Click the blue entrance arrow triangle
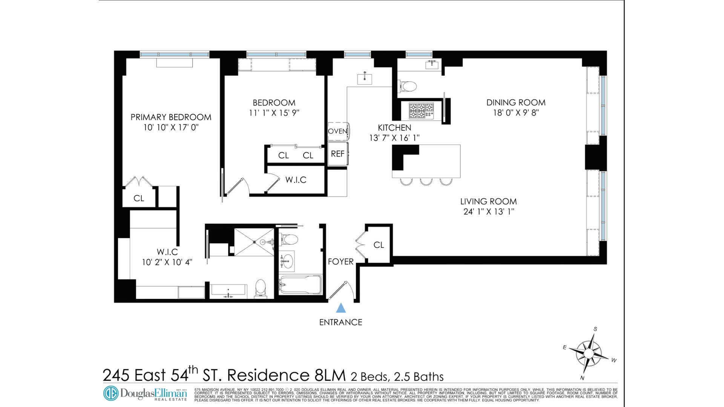(341, 309)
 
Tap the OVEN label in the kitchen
(337, 131)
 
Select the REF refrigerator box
(337, 154)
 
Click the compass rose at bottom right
(589, 353)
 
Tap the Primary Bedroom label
(171, 117)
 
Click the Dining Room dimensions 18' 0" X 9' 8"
(515, 113)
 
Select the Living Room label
(488, 202)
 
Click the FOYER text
(341, 262)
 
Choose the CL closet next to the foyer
(379, 245)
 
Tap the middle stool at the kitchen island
(426, 182)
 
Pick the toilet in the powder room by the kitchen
(408, 86)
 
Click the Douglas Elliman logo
(145, 394)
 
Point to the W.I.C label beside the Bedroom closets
(296, 180)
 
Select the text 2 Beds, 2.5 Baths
(397, 376)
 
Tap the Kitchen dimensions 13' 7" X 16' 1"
(394, 138)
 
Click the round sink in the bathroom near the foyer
(288, 261)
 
